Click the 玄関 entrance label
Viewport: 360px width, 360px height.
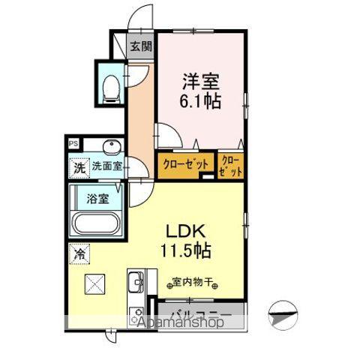pos(140,46)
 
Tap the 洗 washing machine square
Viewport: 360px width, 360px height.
pos(79,168)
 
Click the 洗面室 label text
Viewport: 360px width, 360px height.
pos(107,167)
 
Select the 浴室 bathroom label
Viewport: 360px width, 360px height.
pos(97,199)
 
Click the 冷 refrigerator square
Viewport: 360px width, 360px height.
pos(79,254)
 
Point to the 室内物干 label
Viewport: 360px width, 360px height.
pos(190,283)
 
